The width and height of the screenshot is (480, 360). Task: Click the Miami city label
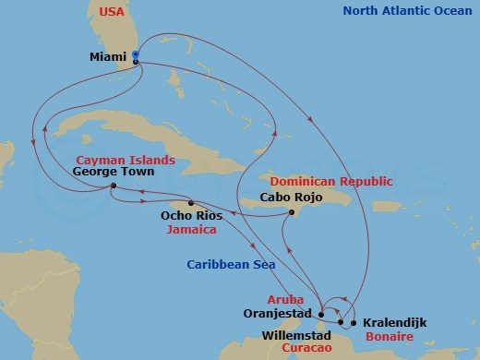(x=108, y=56)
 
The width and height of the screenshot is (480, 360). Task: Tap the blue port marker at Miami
(x=136, y=56)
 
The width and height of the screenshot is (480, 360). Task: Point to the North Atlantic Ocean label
(x=409, y=11)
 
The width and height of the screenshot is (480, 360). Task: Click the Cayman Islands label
(x=124, y=160)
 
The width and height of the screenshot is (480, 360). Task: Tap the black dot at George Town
(x=113, y=186)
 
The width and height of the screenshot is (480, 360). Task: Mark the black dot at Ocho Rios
(x=191, y=203)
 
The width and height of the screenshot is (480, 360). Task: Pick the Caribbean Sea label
(x=222, y=264)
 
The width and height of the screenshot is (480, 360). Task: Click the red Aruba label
(x=283, y=300)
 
